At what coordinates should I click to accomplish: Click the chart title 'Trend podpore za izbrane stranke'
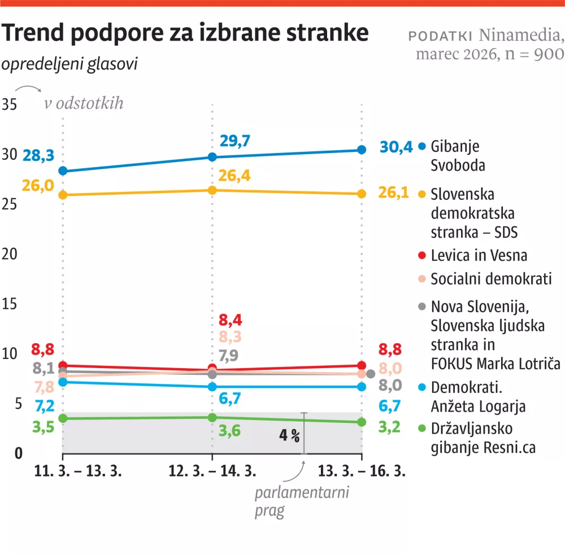pyautogui.click(x=185, y=34)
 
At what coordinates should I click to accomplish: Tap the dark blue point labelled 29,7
pyautogui.click(x=212, y=157)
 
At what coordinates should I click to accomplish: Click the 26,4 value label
pyautogui.click(x=234, y=176)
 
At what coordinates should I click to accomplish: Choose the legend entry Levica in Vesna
pyautogui.click(x=479, y=255)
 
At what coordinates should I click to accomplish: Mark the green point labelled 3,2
pyautogui.click(x=362, y=422)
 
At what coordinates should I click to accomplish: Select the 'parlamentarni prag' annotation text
pyautogui.click(x=302, y=501)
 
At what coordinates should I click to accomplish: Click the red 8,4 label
pyautogui.click(x=231, y=321)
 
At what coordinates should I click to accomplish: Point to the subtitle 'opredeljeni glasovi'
pyautogui.click(x=69, y=64)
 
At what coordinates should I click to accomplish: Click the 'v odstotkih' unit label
pyautogui.click(x=84, y=104)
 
